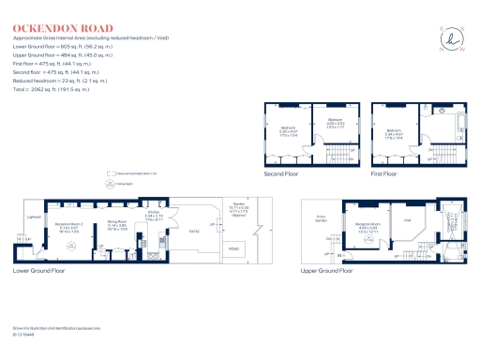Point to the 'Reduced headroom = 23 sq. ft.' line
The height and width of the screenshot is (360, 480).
pos(61,89)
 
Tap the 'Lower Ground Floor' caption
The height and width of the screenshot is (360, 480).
pos(39,270)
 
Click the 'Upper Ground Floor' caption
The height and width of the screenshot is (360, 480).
pos(325,270)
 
